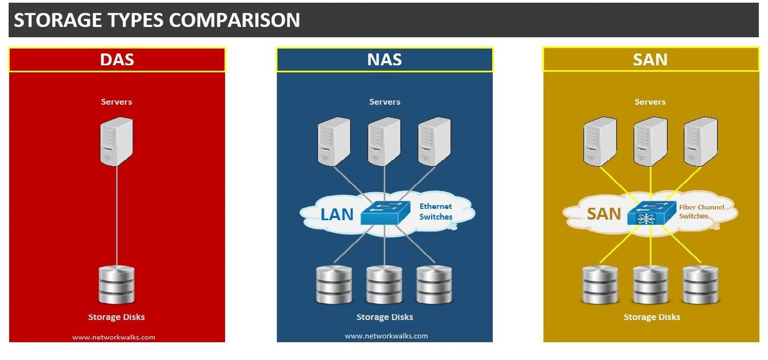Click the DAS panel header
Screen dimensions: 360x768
pyautogui.click(x=117, y=59)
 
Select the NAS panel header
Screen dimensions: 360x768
pyautogui.click(x=385, y=59)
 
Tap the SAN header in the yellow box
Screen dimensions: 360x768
pyautogui.click(x=650, y=59)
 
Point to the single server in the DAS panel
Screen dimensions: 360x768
pyautogui.click(x=116, y=141)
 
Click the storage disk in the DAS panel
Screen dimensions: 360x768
pyautogui.click(x=116, y=285)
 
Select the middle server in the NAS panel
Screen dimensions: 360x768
pyautogui.click(x=384, y=142)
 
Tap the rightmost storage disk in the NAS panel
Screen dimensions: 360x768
pyautogui.click(x=434, y=285)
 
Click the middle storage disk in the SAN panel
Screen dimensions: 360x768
pyautogui.click(x=650, y=285)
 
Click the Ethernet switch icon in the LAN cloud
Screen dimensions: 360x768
pyautogui.click(x=385, y=212)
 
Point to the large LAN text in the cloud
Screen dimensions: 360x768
pyautogui.click(x=337, y=214)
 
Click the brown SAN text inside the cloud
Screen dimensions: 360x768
pyautogui.click(x=604, y=213)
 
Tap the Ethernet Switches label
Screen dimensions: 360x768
pyautogui.click(x=436, y=211)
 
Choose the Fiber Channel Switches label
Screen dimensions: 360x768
pyautogui.click(x=701, y=211)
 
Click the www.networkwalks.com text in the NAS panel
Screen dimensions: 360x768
pyautogui.click(x=386, y=336)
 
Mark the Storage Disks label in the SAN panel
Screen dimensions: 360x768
pyautogui.click(x=652, y=317)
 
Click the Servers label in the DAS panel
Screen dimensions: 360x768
pyautogui.click(x=116, y=102)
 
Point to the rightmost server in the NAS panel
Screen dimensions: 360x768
pyautogui.click(x=434, y=142)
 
